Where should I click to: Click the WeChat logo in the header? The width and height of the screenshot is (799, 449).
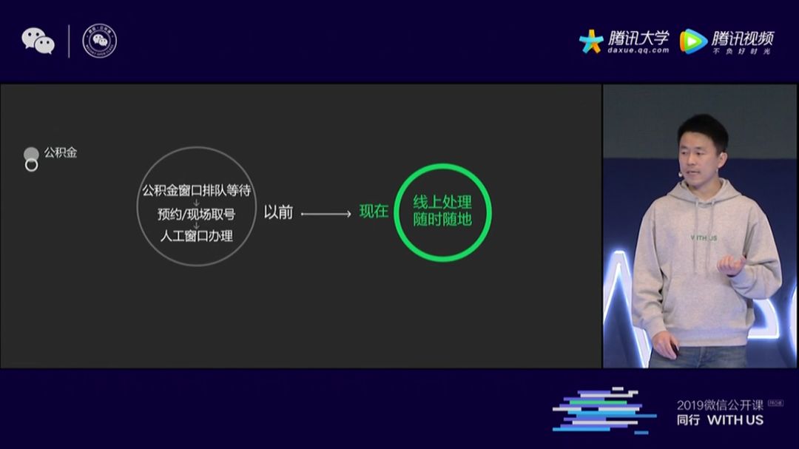tap(38, 41)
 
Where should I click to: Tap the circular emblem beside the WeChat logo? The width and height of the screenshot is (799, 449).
tap(99, 41)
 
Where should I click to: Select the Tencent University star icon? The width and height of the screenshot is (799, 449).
tap(591, 41)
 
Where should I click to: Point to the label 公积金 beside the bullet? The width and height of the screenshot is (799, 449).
tap(61, 153)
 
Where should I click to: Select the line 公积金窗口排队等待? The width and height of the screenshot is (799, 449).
tap(197, 191)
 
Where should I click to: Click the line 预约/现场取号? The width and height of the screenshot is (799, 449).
tap(197, 215)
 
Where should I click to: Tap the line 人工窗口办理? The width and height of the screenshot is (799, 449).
tap(197, 236)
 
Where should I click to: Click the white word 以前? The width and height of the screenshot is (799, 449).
tap(279, 213)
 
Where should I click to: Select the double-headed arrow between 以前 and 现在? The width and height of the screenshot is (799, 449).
tap(326, 215)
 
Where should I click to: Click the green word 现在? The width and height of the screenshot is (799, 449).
tap(374, 212)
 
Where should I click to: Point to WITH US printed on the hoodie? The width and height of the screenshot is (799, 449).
tap(704, 238)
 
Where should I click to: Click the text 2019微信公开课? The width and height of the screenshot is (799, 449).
tap(720, 405)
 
